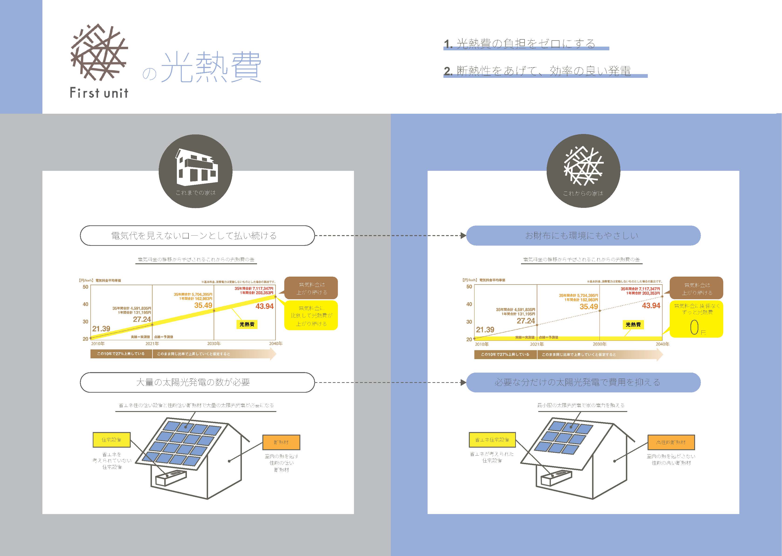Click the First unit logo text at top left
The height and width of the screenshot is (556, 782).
coord(99,93)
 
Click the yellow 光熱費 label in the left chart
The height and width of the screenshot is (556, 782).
coord(247,324)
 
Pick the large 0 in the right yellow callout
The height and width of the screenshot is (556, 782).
coord(694,328)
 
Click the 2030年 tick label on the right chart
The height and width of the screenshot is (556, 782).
coord(600,344)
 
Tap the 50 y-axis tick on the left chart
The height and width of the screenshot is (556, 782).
coord(86,287)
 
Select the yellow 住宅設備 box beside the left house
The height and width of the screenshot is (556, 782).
coord(112,439)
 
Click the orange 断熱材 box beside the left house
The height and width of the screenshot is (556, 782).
coord(281,442)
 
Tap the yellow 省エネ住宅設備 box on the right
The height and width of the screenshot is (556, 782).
coord(492,439)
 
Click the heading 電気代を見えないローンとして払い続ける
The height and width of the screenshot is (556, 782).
coord(197,236)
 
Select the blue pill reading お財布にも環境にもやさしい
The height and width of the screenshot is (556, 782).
coord(583,236)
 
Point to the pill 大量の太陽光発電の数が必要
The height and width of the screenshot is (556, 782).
coord(197,382)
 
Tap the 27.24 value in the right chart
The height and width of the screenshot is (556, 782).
coord(525,321)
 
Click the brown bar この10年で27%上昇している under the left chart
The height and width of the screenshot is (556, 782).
coord(121,354)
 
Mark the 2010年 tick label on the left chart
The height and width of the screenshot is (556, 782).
coord(98,343)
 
